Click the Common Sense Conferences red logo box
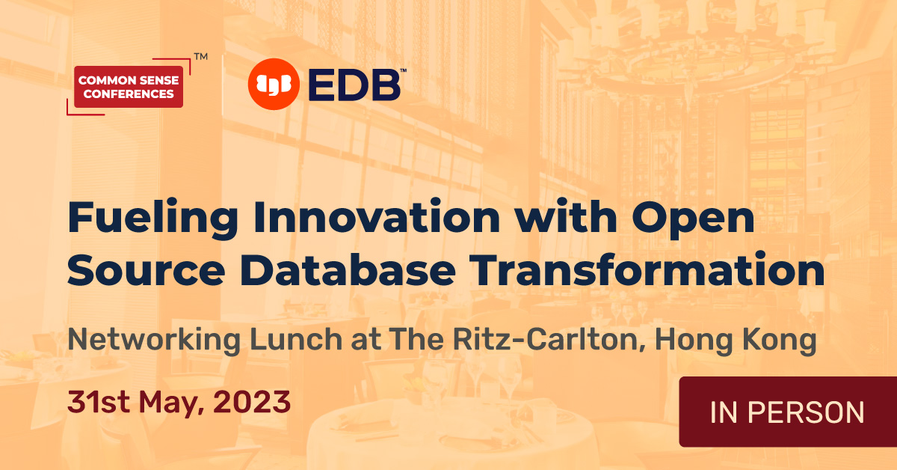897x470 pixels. [129, 87]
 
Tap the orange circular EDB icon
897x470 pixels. [273, 83]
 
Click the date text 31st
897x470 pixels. [96, 403]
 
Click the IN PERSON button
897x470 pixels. [787, 412]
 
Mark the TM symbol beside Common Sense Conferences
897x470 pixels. [200, 56]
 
